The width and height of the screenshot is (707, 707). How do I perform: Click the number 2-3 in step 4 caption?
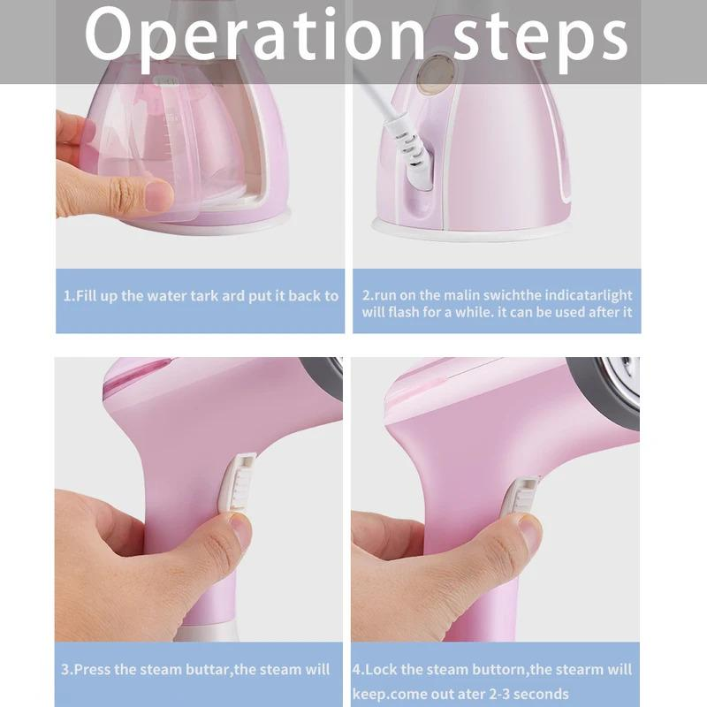(482, 694)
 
